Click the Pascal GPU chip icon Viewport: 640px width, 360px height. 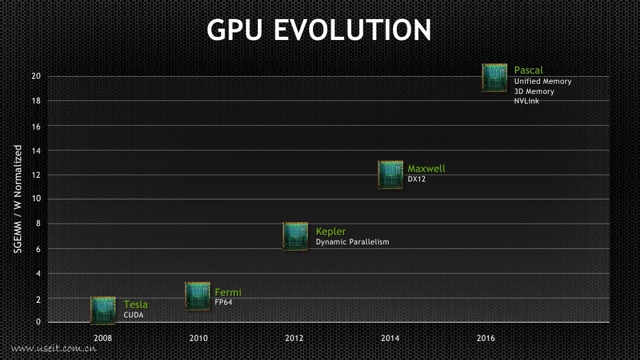[x=495, y=77]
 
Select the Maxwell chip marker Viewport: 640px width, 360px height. [x=390, y=175]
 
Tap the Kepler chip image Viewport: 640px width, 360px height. [x=295, y=236]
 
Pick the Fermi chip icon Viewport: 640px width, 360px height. [x=197, y=296]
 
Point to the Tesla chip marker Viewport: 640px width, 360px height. [x=103, y=310]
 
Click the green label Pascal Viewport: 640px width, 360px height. [x=528, y=70]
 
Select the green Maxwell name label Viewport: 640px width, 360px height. [x=426, y=169]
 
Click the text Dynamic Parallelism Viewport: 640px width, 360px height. [x=352, y=242]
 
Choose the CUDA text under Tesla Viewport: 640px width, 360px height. [x=133, y=315]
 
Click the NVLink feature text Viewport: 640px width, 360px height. [x=526, y=101]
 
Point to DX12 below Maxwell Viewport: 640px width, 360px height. [x=417, y=179]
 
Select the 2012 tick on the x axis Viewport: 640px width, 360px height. [x=294, y=338]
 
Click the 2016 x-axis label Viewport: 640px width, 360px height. [x=486, y=338]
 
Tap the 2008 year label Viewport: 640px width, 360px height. [x=103, y=338]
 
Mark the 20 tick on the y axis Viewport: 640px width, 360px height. [x=36, y=76]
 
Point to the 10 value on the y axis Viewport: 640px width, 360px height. [x=36, y=199]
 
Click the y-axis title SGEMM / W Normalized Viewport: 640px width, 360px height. [x=18, y=199]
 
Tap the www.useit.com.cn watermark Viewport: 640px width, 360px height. [x=53, y=349]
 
